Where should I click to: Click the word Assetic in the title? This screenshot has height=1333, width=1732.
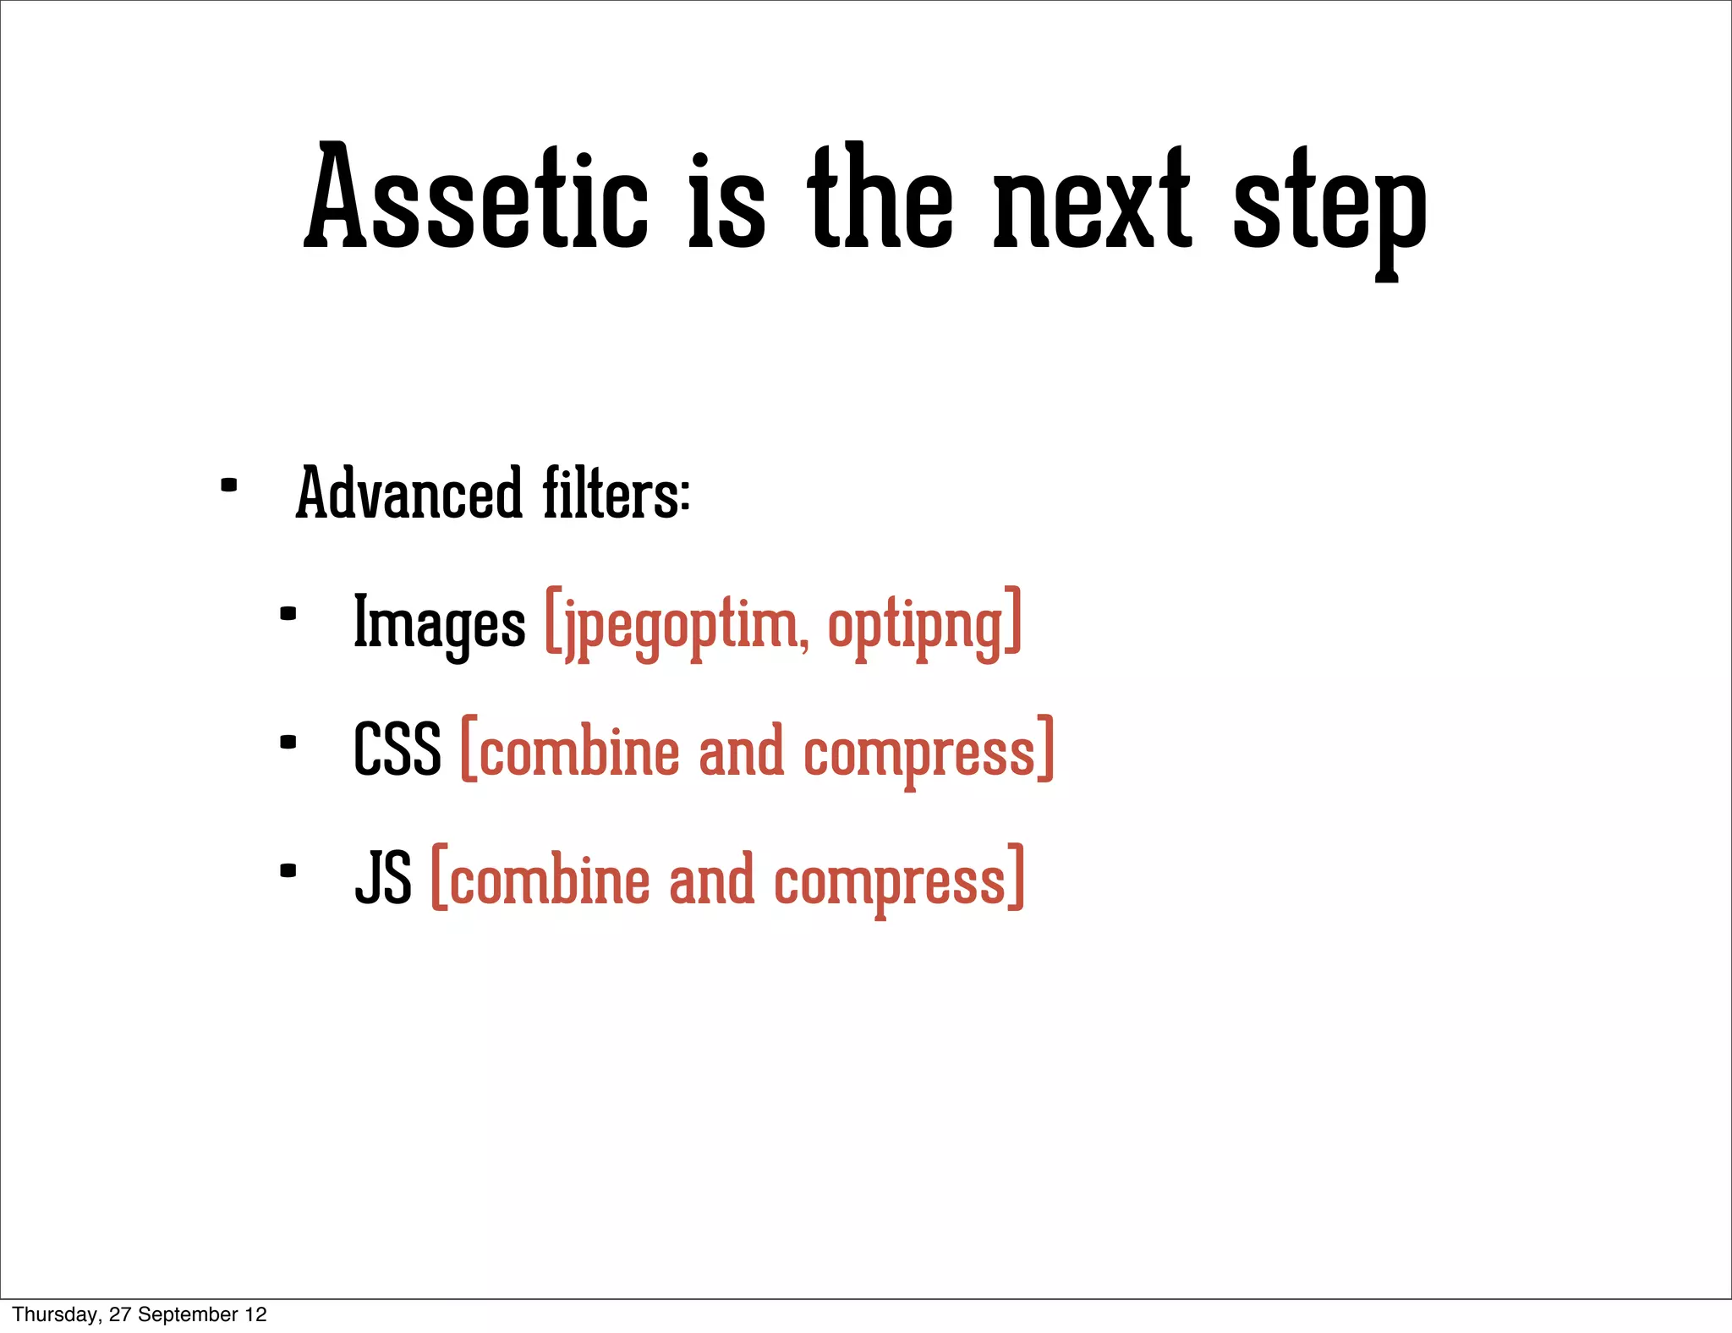pyautogui.click(x=475, y=199)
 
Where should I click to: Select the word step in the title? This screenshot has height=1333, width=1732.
pyautogui.click(x=1329, y=207)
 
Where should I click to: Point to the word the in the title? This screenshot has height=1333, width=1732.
pyautogui.click(x=880, y=199)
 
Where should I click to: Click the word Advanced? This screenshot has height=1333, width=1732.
pyautogui.click(x=408, y=494)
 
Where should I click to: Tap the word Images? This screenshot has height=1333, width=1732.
pyautogui.click(x=439, y=624)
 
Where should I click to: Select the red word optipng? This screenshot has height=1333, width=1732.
pyautogui.click(x=917, y=626)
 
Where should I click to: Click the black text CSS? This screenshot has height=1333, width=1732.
pyautogui.click(x=397, y=750)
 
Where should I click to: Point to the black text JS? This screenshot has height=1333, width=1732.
pyautogui.click(x=383, y=879)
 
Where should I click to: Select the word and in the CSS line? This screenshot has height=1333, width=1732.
pyautogui.click(x=741, y=752)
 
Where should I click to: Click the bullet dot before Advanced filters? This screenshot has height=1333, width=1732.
pyautogui.click(x=228, y=486)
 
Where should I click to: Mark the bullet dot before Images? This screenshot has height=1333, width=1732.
pyautogui.click(x=288, y=614)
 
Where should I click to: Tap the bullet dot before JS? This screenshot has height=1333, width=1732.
pyautogui.click(x=288, y=870)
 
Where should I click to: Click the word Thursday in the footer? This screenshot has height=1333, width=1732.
pyautogui.click(x=56, y=1314)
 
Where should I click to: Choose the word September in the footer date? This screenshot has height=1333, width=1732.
pyautogui.click(x=188, y=1314)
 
